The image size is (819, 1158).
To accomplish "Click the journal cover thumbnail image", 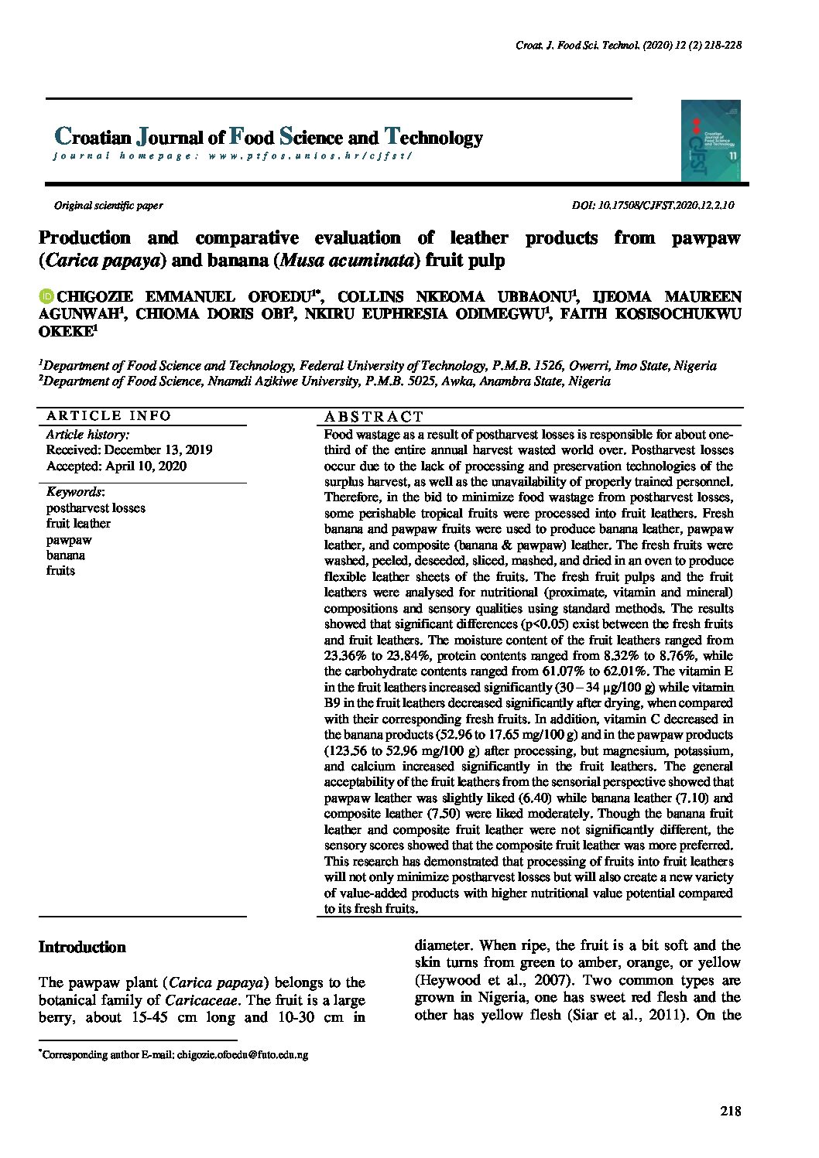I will tap(711, 141).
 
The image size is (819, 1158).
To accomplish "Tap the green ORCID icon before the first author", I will tap(46, 297).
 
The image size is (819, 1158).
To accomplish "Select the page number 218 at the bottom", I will tap(730, 1112).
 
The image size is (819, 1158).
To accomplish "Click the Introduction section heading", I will tap(82, 948).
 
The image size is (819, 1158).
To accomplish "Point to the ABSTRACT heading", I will tap(374, 417).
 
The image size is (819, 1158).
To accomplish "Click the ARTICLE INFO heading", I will tap(109, 415).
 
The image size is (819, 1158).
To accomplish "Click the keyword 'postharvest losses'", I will tap(96, 508).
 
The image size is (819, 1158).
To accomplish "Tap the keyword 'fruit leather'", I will tap(78, 524).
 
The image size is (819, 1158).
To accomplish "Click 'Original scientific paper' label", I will tap(108, 206).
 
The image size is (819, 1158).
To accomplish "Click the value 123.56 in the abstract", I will tap(347, 751).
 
